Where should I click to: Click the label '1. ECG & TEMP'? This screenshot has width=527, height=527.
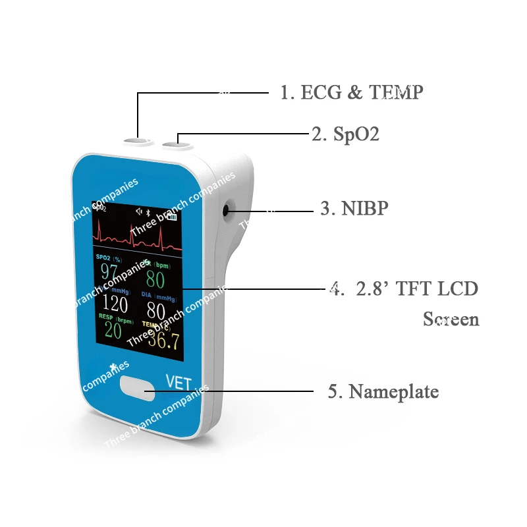(351, 92)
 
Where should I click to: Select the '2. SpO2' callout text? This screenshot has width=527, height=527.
(345, 134)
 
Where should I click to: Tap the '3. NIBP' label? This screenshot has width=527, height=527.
(354, 209)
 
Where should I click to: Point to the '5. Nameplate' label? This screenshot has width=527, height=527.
(383, 392)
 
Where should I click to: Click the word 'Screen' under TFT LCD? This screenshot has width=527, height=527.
(451, 319)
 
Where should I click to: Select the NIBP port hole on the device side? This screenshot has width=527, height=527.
(227, 211)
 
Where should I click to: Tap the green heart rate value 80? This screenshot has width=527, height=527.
(155, 279)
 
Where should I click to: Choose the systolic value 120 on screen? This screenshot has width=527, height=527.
(115, 304)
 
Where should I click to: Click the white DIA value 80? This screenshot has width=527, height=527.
(157, 310)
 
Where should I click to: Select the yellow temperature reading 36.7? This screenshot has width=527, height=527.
(163, 339)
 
